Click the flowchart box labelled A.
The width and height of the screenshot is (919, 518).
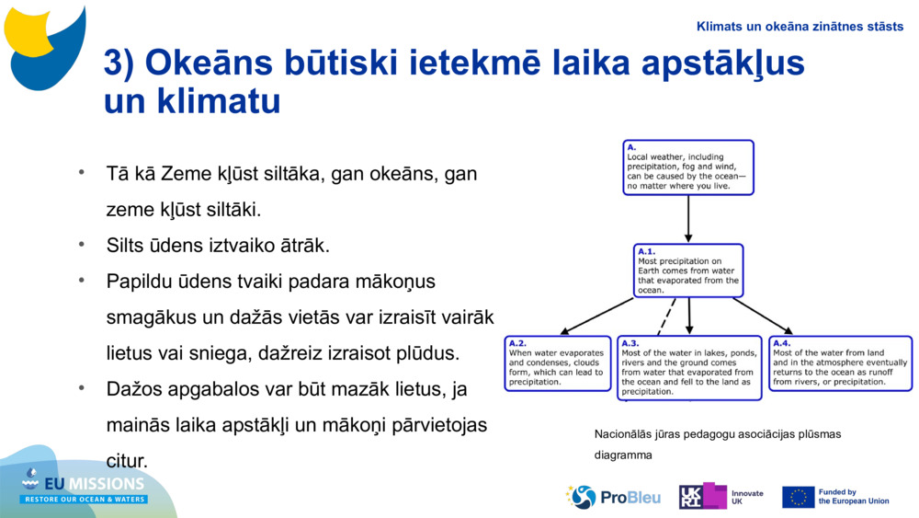tap(687, 167)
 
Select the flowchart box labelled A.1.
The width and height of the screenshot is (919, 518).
tap(688, 271)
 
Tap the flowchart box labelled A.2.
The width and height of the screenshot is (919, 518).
tap(558, 363)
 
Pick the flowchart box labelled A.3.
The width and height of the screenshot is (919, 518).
tap(689, 368)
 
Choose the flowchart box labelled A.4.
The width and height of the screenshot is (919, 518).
tap(840, 363)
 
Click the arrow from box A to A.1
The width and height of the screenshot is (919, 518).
tap(688, 219)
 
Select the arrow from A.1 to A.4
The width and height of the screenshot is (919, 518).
tap(763, 316)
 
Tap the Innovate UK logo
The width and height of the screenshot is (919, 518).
tap(720, 497)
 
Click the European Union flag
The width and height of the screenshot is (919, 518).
tap(798, 497)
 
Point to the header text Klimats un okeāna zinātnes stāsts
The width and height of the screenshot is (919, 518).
tap(800, 26)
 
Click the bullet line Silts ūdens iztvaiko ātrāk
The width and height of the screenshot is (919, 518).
tap(218, 246)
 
